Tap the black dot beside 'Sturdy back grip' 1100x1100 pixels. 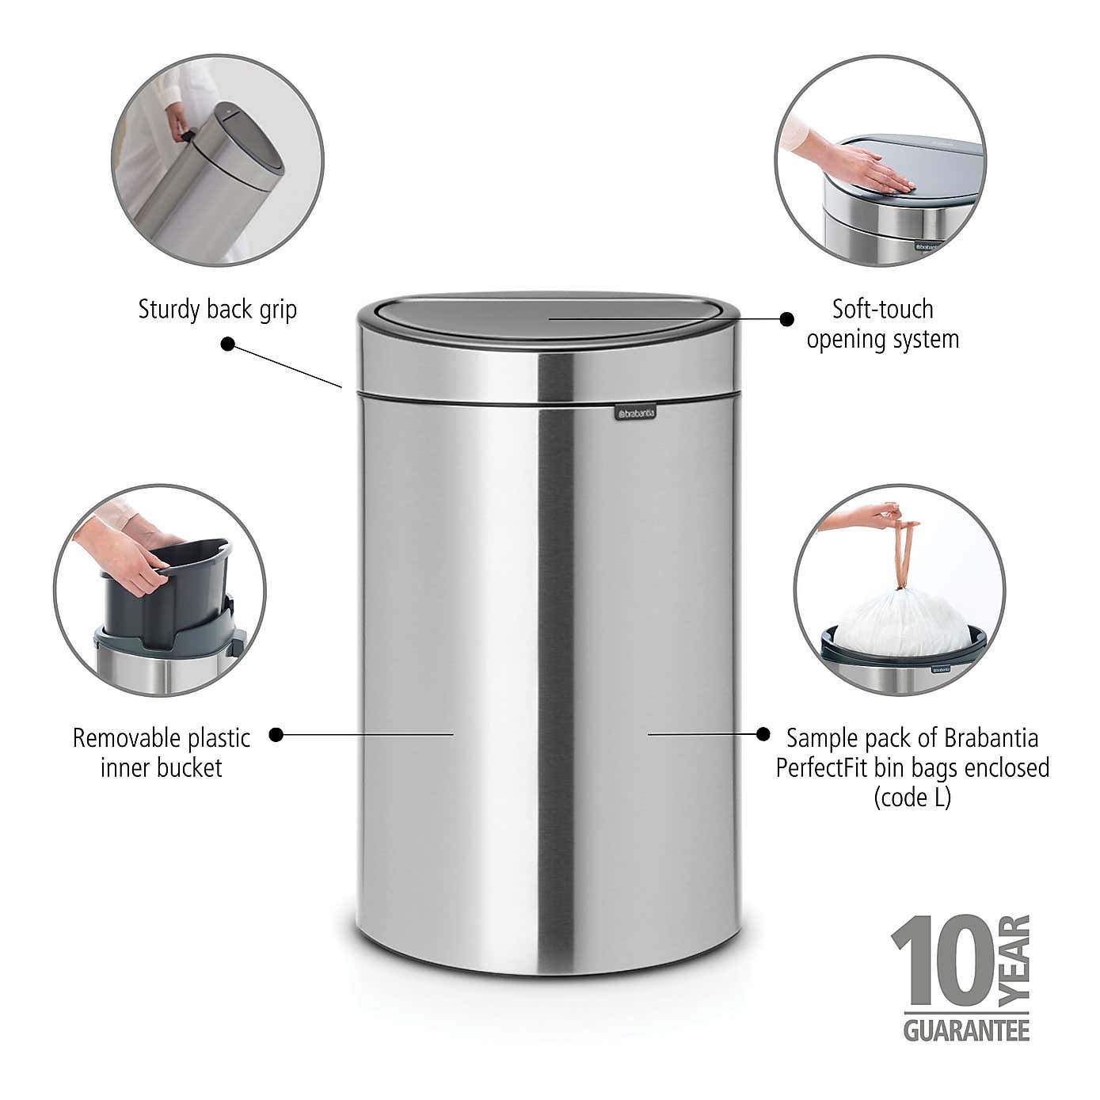pos(228,344)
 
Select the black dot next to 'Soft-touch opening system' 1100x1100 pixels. pos(786,318)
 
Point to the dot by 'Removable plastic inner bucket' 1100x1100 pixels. pos(276,734)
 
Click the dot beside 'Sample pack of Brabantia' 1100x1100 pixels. pos(763,734)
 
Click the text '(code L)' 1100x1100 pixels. pos(912,797)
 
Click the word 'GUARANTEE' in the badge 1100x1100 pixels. pos(966,1030)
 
